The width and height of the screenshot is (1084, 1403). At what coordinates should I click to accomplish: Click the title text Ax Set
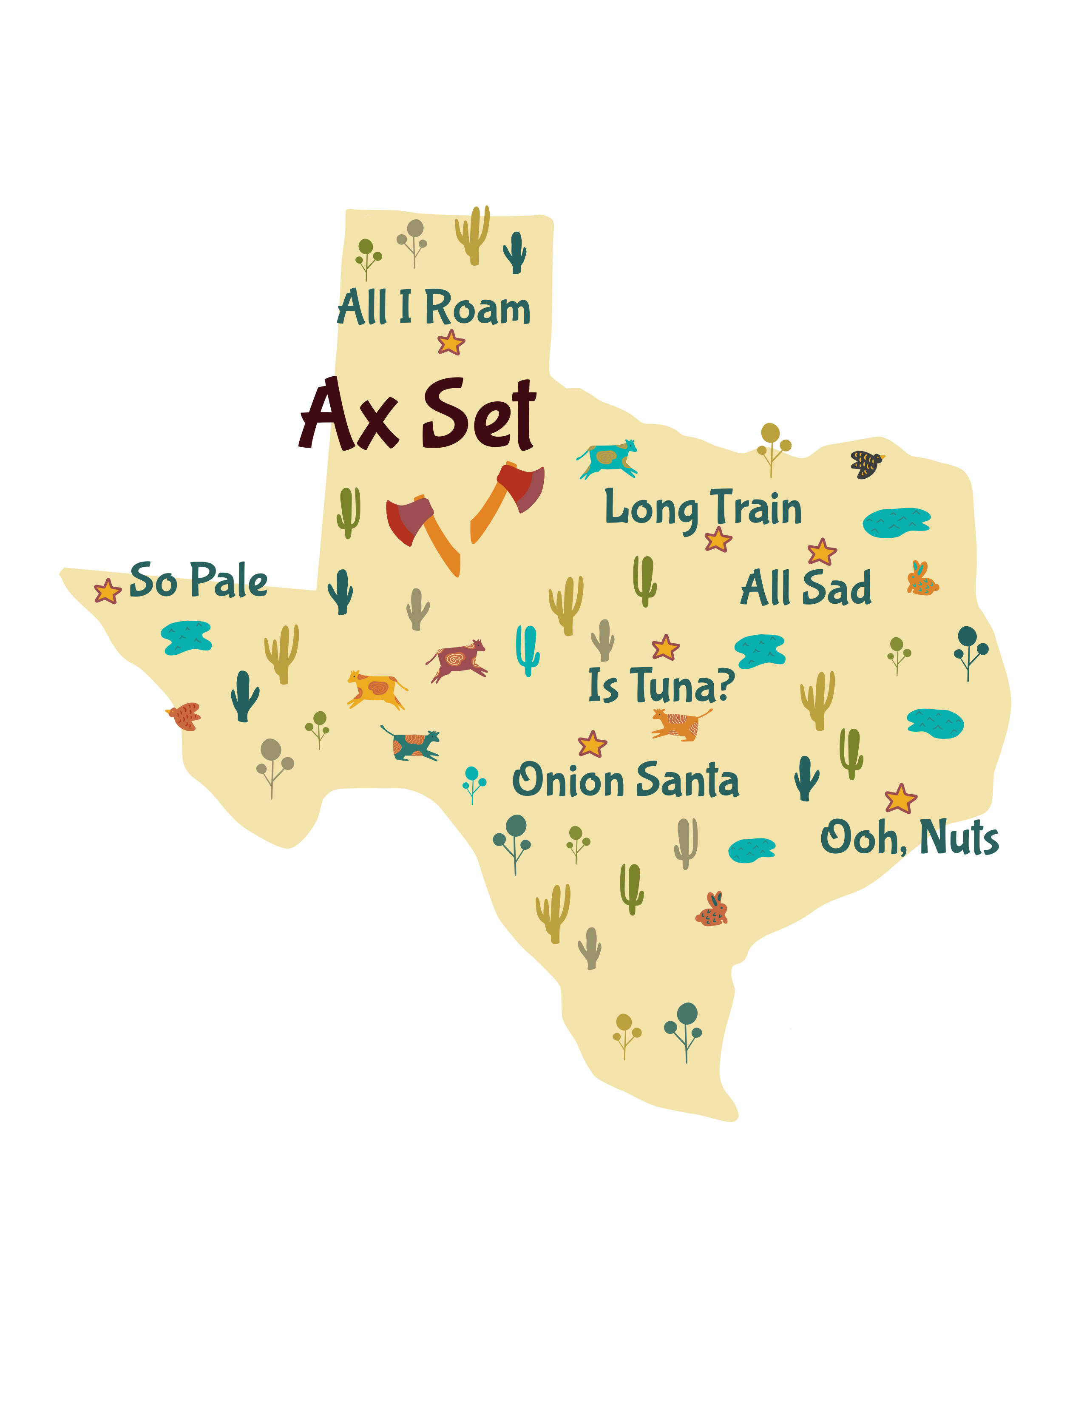pyautogui.click(x=417, y=415)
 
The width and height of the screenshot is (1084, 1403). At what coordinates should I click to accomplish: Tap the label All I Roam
pyautogui.click(x=434, y=308)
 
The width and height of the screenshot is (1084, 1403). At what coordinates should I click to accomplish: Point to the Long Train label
pyautogui.click(x=703, y=509)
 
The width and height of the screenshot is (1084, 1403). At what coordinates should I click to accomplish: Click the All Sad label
pyautogui.click(x=806, y=588)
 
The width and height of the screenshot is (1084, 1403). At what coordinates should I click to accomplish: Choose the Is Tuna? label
pyautogui.click(x=661, y=685)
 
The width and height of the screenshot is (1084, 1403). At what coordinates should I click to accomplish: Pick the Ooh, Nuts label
pyautogui.click(x=909, y=837)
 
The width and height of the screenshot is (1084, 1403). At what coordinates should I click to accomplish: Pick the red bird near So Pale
pyautogui.click(x=185, y=716)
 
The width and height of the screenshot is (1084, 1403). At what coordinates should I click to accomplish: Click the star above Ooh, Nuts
pyautogui.click(x=900, y=799)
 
